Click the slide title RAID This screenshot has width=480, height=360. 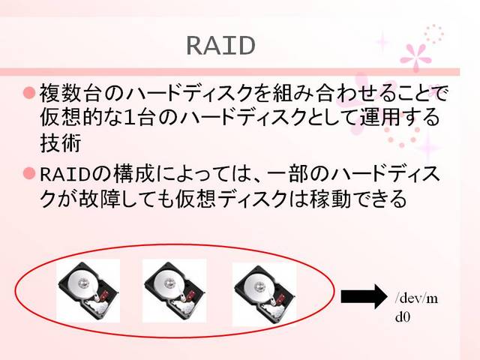[x=220, y=45]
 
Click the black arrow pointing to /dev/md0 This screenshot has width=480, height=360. [x=363, y=297]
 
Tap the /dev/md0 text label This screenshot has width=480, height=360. [x=416, y=307]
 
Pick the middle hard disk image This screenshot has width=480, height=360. [x=174, y=291]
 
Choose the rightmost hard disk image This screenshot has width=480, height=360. [x=264, y=293]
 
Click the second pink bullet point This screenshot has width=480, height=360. [x=29, y=174]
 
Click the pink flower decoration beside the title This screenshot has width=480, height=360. [x=416, y=56]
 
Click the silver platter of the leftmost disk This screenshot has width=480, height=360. [x=80, y=285]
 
